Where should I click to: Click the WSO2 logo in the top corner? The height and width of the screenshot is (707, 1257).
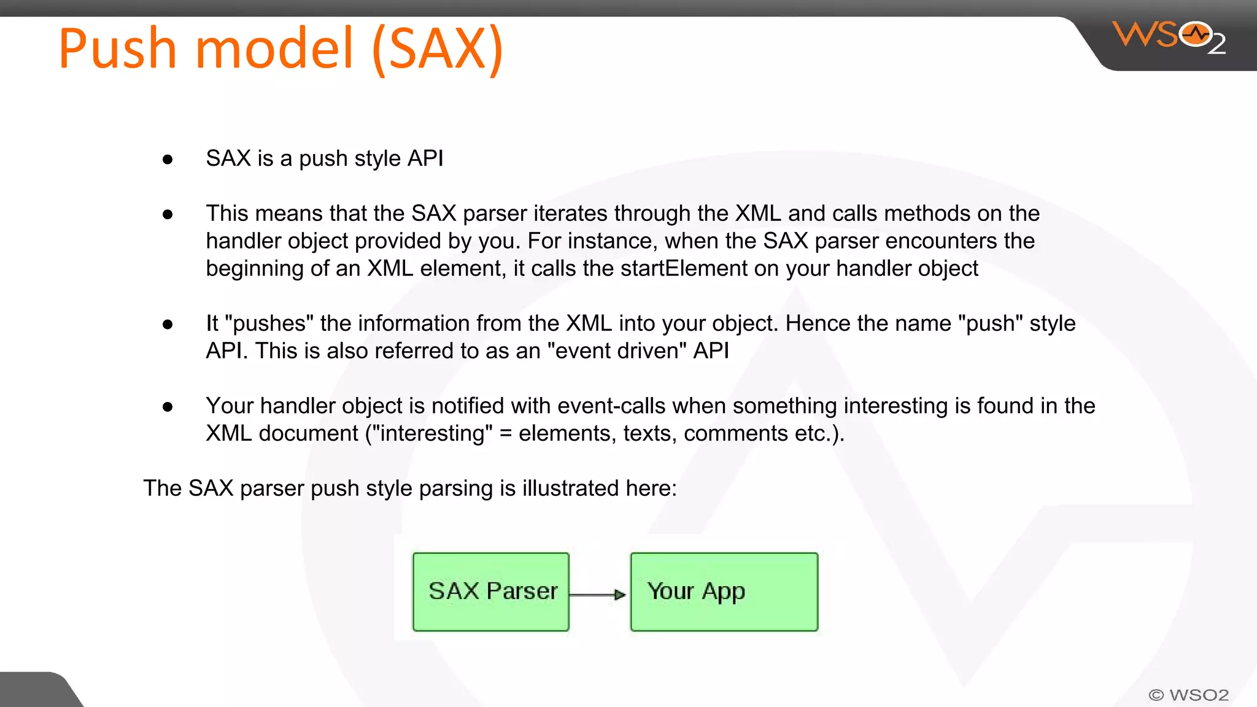tap(1167, 37)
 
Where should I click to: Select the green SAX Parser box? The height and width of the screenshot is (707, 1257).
tap(491, 592)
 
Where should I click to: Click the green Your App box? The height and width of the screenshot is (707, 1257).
tap(724, 592)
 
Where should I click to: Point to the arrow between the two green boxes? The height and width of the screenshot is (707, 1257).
tap(598, 594)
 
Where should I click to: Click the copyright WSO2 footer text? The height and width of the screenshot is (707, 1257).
tap(1188, 695)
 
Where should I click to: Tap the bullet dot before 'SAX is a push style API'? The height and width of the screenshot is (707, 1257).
tap(168, 160)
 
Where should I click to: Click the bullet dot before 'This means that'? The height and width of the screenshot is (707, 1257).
tap(168, 214)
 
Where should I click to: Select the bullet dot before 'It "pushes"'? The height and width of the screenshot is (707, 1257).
tap(168, 324)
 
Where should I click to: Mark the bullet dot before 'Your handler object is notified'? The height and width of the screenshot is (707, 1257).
tap(168, 406)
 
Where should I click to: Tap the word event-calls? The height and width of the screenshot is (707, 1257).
tap(611, 406)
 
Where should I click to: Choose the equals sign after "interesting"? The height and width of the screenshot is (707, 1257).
tap(505, 434)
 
